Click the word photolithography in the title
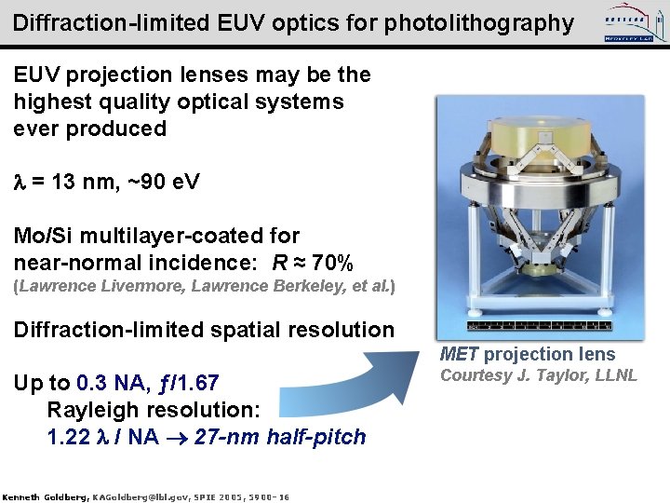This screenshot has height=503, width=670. [x=486, y=22]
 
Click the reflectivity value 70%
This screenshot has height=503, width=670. [x=329, y=263]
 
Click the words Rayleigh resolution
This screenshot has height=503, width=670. [x=154, y=410]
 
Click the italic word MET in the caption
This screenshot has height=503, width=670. [x=460, y=354]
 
